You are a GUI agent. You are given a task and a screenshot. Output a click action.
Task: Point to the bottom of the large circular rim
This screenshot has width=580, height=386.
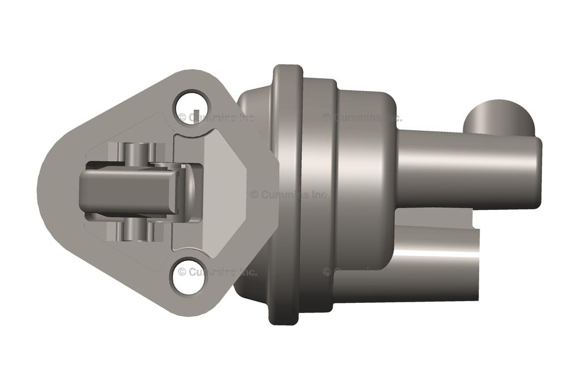(287, 320)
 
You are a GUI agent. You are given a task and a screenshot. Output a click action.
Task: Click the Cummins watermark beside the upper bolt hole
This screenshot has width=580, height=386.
(217, 118)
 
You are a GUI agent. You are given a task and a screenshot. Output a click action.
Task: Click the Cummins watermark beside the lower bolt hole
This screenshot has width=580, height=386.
(217, 272)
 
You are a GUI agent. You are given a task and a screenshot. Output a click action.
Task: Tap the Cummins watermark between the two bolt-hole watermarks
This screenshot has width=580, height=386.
(289, 194)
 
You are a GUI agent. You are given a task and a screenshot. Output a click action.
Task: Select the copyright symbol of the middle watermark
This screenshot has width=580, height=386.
(254, 195)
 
